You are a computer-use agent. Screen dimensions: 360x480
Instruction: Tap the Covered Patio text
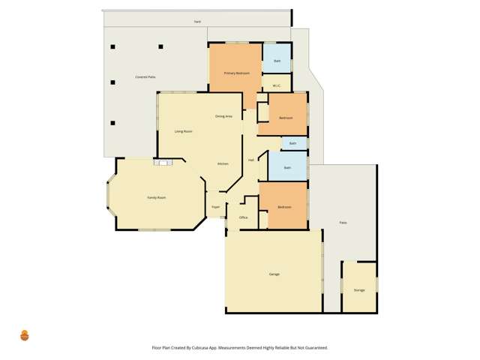pyautogui.click(x=145, y=77)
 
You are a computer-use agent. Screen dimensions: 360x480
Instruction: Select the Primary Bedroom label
pyautogui.click(x=236, y=73)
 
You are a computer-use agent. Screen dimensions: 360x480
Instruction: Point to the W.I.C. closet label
pyautogui.click(x=277, y=85)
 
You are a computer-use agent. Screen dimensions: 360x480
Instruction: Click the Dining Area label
pyautogui.click(x=223, y=116)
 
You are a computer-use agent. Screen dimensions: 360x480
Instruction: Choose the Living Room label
pyautogui.click(x=184, y=131)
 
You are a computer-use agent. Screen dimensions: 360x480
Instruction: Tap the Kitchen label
pyautogui.click(x=223, y=163)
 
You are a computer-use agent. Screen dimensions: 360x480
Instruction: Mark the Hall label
pyautogui.click(x=251, y=160)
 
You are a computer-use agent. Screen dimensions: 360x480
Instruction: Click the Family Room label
pyautogui.click(x=156, y=197)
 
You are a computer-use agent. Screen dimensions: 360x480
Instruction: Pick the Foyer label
pyautogui.click(x=215, y=206)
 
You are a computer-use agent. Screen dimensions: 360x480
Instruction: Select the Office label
pyautogui.click(x=243, y=217)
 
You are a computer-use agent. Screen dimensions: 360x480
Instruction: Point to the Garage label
pyautogui.click(x=274, y=274)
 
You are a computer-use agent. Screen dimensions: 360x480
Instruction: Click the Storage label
pyautogui.click(x=359, y=289)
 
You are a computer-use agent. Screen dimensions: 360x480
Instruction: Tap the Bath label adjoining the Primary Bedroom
pyautogui.click(x=277, y=60)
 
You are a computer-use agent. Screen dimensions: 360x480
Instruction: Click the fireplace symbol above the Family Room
pyautogui.click(x=163, y=161)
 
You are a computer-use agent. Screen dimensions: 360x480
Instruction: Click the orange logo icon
pyautogui.click(x=24, y=334)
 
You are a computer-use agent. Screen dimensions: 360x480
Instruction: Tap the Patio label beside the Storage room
pyautogui.click(x=343, y=223)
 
